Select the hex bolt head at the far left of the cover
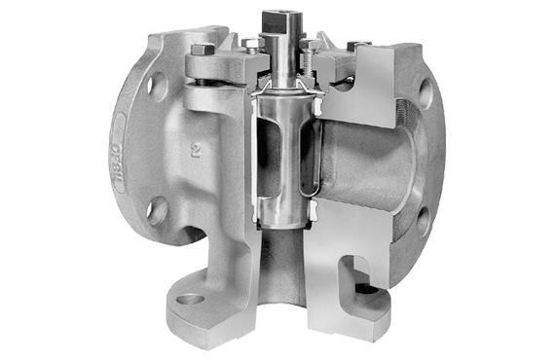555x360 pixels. pyautogui.click(x=203, y=50)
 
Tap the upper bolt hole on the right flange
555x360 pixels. pyautogui.click(x=425, y=94)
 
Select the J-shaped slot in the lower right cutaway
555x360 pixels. pyautogui.click(x=356, y=278)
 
